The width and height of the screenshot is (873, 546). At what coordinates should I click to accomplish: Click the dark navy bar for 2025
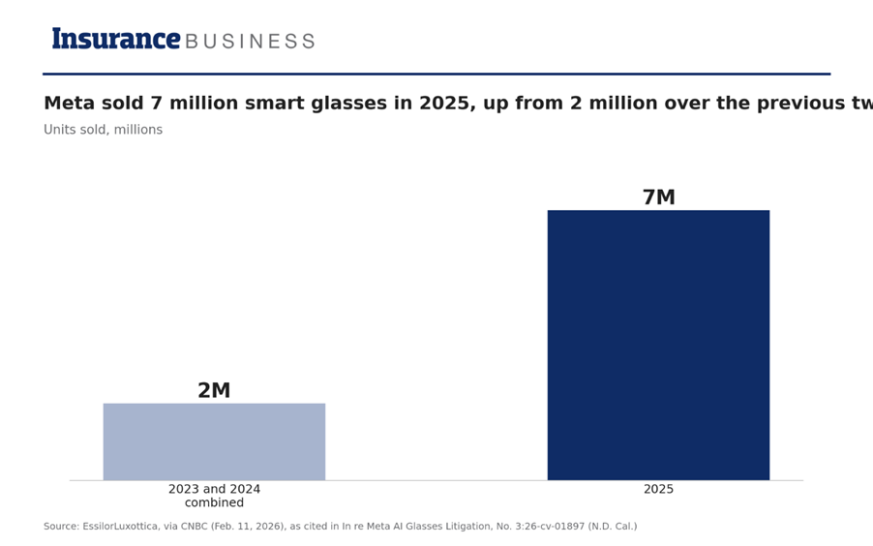pos(659,345)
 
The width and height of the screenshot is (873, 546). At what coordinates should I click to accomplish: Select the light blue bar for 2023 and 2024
pos(214,441)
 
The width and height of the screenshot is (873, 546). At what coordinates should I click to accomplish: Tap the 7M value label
pos(659,197)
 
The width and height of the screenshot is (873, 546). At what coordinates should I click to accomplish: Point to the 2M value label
pos(214,390)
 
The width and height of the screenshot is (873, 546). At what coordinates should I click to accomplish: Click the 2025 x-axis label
pos(659,489)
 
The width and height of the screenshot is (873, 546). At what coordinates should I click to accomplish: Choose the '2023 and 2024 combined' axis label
pos(214,496)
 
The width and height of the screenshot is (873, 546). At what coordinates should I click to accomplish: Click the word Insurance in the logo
pos(116,39)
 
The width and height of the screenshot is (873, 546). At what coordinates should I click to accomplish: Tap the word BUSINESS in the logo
pos(250,42)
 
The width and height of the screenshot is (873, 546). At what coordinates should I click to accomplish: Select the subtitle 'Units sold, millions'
pos(103,130)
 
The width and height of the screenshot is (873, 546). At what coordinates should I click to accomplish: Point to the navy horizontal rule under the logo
pos(436,74)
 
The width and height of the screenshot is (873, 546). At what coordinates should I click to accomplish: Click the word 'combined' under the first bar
pos(214,503)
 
